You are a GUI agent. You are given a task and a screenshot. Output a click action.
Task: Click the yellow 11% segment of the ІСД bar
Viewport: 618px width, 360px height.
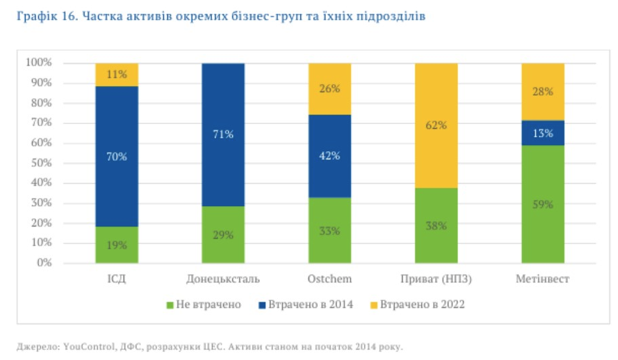[117, 75]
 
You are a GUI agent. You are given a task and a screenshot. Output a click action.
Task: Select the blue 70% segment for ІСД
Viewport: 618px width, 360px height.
[117, 156]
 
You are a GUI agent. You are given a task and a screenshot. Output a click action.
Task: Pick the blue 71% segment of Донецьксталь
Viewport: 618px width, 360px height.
[223, 134]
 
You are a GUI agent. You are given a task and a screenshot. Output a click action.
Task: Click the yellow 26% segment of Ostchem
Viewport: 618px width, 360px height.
[330, 89]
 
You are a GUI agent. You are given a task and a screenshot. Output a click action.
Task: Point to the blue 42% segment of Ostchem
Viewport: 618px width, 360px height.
[330, 155]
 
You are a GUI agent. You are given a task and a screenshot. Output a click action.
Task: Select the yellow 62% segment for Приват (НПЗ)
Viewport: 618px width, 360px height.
[436, 125]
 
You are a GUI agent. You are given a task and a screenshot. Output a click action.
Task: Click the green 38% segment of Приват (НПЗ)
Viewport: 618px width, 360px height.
[436, 225]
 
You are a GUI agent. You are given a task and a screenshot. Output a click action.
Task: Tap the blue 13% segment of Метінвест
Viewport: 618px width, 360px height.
[543, 133]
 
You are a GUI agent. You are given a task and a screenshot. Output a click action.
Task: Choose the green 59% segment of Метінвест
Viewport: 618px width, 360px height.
[543, 204]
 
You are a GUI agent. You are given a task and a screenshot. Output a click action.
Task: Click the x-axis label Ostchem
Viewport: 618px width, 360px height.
[330, 279]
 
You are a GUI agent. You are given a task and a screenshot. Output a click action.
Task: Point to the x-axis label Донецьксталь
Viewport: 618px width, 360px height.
[223, 279]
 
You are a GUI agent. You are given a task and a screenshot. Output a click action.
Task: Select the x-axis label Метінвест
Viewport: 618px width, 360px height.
[543, 279]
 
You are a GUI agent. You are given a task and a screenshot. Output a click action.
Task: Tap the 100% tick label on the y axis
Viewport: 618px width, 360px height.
[38, 63]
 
